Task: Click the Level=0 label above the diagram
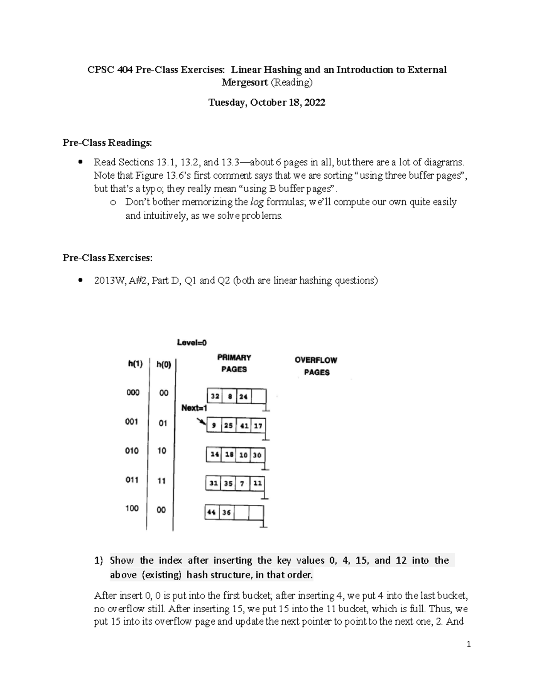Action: pos(192,343)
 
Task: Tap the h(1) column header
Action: pos(135,364)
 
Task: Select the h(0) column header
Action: pos(163,364)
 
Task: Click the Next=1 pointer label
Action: pos(194,407)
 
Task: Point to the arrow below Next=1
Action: pos(202,421)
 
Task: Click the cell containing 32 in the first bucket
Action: pos(215,397)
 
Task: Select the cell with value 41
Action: pos(243,426)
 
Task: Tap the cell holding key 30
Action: pos(257,455)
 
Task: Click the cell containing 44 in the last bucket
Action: pos(211,512)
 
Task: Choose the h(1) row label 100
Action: pos(132,508)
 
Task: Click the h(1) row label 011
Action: pos(132,480)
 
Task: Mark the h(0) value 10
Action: pos(162,450)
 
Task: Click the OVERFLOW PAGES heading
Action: pos(316,366)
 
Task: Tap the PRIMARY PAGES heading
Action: pos(234,363)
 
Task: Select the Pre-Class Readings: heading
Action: pos(107,143)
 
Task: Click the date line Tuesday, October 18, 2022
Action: pos(267,102)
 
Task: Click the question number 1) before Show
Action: pos(98,561)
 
